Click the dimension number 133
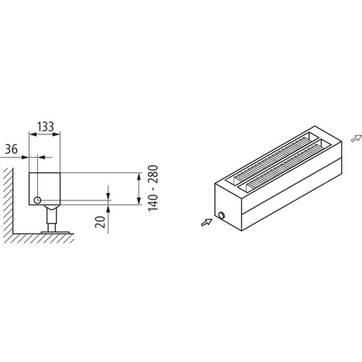[45, 126]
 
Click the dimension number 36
[11, 149]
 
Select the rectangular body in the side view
[46, 188]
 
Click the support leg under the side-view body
[51, 220]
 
